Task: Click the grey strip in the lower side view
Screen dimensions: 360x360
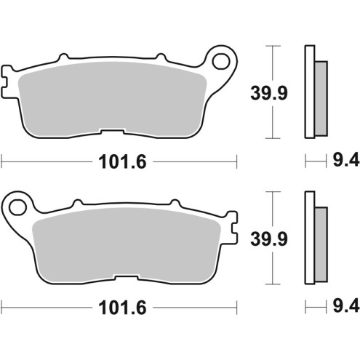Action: point(321,244)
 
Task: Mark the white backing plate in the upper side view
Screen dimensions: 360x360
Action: point(309,91)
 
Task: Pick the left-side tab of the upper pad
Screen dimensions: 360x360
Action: point(7,81)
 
